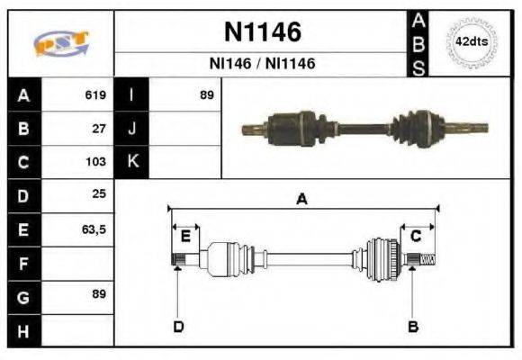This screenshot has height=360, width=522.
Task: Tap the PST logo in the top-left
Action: (x=60, y=43)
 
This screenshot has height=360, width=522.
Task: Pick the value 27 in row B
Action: (x=99, y=129)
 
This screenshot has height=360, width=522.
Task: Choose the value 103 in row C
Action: (x=96, y=162)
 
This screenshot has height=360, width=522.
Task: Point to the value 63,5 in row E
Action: (x=94, y=229)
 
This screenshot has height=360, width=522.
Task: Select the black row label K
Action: (x=131, y=162)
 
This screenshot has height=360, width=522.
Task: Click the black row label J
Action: (x=131, y=129)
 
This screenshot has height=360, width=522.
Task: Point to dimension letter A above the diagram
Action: (x=302, y=200)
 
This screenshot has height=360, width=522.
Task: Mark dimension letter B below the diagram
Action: (x=413, y=326)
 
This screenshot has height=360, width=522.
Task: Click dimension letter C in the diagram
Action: (x=416, y=237)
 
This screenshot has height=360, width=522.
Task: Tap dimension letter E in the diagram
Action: (x=185, y=237)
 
